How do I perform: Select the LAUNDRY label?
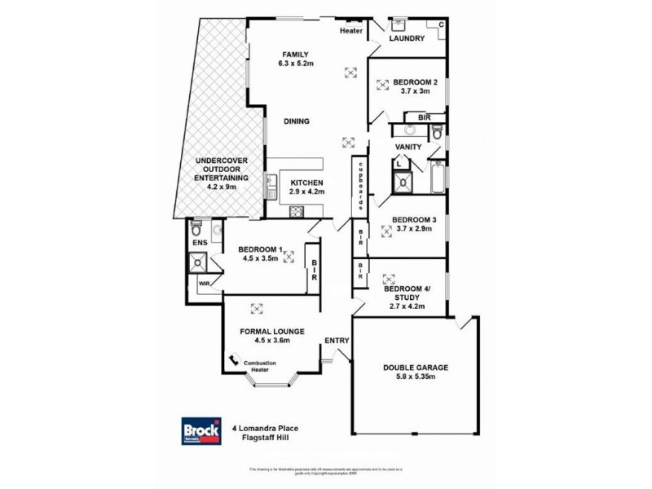[405, 38]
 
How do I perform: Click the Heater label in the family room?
[352, 31]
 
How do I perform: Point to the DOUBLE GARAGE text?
[415, 367]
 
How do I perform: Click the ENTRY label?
[337, 340]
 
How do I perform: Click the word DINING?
[296, 122]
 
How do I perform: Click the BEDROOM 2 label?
[416, 81]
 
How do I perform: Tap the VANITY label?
[407, 147]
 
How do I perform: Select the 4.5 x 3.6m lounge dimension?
[273, 342]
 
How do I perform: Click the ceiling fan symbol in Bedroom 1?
[289, 255]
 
